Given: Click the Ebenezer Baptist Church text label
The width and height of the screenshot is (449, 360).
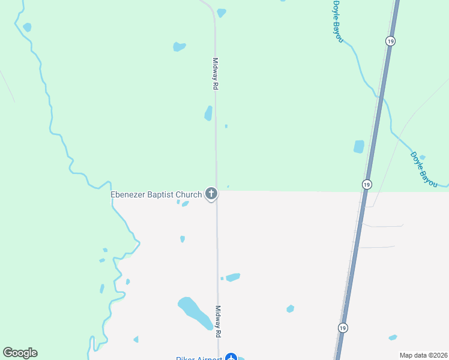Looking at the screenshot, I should point(156,194).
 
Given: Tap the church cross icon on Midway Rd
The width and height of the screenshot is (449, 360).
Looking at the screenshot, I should point(211,193).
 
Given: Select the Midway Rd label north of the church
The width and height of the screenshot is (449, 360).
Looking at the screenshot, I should point(215,74).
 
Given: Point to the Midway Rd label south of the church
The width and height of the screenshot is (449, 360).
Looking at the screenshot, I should point(218,321).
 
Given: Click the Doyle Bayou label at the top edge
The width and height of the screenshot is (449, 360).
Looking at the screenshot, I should point(338,21).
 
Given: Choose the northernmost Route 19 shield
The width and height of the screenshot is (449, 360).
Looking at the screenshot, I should point(391,41).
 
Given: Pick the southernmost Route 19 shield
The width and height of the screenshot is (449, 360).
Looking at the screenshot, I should point(342,328).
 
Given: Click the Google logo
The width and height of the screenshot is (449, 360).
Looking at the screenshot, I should point(20,353).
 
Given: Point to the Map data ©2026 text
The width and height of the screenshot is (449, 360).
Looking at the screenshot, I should point(423,355).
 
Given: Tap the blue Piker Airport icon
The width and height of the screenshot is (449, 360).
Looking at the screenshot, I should point(231,358).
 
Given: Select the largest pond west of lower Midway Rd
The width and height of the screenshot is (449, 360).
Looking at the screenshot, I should point(194,312).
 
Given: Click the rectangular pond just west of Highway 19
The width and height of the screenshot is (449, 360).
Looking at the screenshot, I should point(359,146).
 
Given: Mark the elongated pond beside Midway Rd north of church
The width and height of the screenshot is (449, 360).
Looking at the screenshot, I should point(208,113).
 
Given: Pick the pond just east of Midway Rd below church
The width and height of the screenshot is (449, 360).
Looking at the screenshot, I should point(233,277).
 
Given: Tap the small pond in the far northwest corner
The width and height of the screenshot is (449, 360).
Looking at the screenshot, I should point(27,27).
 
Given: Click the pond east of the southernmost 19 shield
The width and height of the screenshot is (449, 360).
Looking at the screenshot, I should point(393,337).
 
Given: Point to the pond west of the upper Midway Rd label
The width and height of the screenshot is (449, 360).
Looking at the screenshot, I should point(179,46).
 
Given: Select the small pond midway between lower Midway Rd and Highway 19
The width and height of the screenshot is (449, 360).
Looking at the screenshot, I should point(291,308).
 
